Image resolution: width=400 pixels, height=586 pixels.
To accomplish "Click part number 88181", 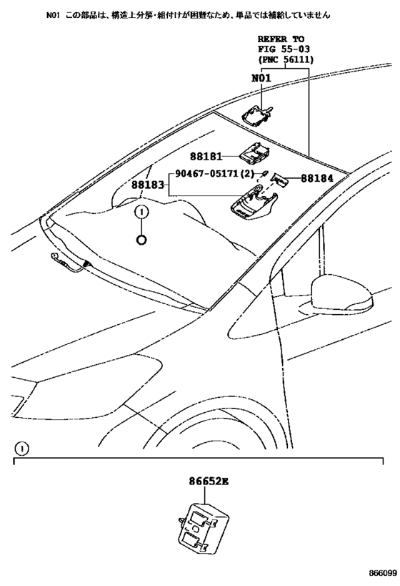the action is click(206, 156).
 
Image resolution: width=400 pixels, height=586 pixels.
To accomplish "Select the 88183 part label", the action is click(147, 185).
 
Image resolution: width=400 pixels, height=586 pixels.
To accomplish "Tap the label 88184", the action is click(317, 178).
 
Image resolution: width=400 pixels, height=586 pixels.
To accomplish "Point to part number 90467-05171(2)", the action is click(214, 173).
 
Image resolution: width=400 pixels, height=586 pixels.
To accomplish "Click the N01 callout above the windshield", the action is click(261, 78).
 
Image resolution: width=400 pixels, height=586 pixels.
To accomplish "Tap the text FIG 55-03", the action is click(284, 49).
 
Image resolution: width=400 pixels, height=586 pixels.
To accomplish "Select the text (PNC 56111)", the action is click(286, 59).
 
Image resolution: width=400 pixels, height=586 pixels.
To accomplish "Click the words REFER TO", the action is click(281, 39).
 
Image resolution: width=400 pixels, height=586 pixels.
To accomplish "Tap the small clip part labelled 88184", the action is click(279, 180).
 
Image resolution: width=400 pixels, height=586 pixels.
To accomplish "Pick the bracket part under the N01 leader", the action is click(257, 114).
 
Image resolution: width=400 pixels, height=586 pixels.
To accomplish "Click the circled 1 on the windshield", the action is click(141, 213).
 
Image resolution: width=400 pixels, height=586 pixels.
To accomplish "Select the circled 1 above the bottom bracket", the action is click(22, 449).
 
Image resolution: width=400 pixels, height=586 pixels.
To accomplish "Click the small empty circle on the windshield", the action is click(141, 240).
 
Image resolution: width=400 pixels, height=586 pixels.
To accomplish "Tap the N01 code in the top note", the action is click(53, 15).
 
